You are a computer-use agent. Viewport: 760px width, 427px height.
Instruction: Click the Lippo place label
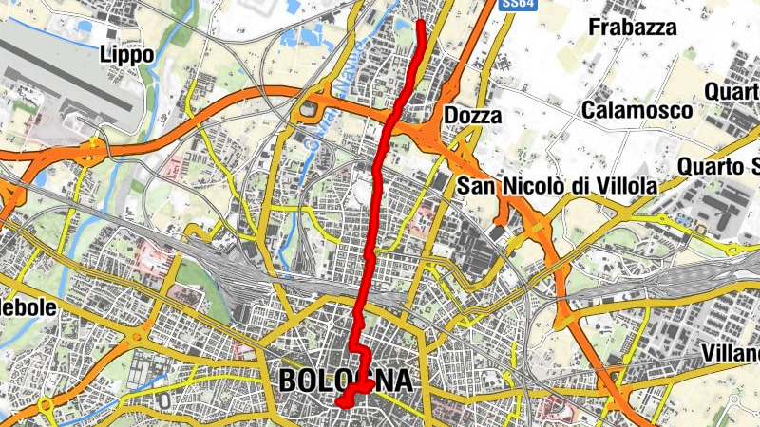pyautogui.click(x=126, y=55)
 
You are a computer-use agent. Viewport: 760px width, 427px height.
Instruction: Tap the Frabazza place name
pyautogui.click(x=632, y=28)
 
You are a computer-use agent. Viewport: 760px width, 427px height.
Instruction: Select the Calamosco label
pyautogui.click(x=636, y=110)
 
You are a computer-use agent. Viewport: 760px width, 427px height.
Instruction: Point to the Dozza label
pyautogui.click(x=471, y=116)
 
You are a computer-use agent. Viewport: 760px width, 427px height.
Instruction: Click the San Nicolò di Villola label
pyautogui.click(x=556, y=186)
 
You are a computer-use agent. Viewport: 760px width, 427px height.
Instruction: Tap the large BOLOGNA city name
pyautogui.click(x=347, y=381)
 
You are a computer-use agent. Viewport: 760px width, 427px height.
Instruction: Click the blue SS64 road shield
pyautogui.click(x=514, y=5)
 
